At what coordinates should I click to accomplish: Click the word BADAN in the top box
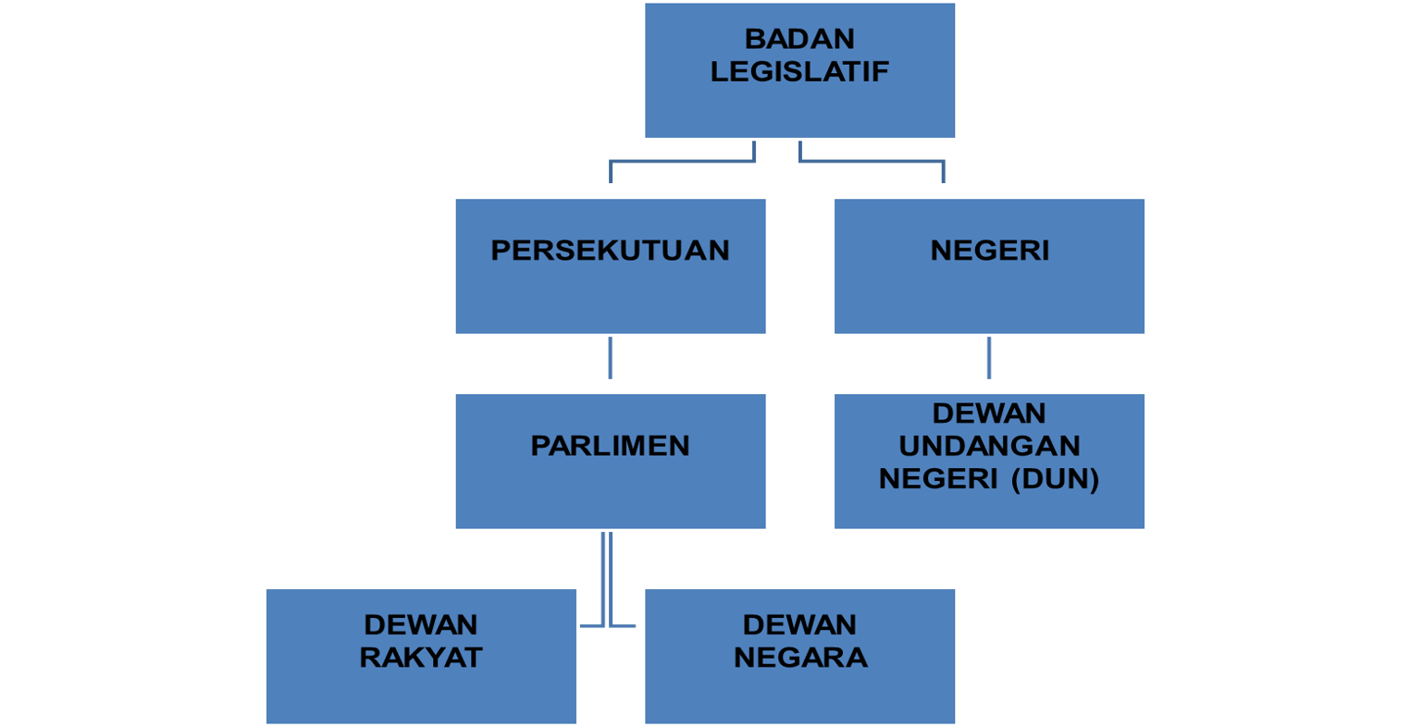tap(799, 40)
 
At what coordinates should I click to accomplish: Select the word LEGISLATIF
tap(799, 72)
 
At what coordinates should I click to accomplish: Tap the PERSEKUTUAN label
tap(610, 251)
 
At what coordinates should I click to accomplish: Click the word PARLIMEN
tap(610, 446)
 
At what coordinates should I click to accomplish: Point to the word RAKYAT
tap(421, 658)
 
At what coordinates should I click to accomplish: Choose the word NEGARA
tap(799, 658)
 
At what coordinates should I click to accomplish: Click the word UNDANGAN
tap(989, 446)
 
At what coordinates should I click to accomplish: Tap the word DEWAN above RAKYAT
tap(421, 624)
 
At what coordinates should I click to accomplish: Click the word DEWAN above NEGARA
tap(799, 624)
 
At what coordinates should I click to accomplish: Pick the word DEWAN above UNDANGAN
tap(989, 413)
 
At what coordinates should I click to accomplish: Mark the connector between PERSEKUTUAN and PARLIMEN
tap(611, 358)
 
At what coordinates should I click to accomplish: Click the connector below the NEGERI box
tap(989, 358)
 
